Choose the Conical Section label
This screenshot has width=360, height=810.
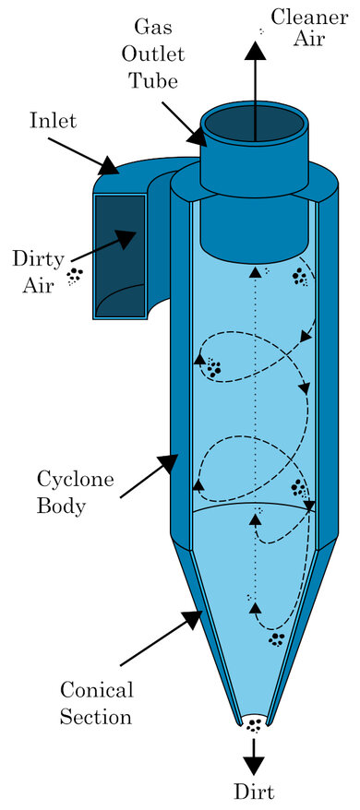pos(96,702)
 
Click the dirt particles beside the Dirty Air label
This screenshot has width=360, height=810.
pos(77,276)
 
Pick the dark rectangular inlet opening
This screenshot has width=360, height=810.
pos(120,254)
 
